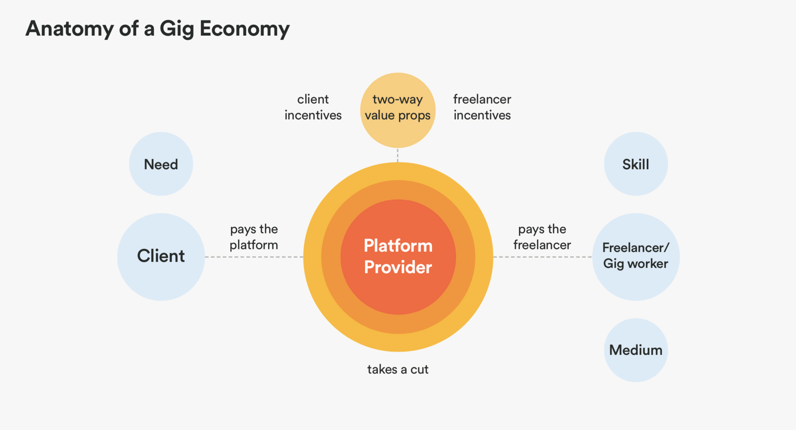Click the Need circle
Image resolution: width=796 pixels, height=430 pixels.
point(161,164)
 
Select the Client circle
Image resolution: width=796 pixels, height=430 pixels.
point(161,257)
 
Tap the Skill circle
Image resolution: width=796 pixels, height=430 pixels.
point(635,164)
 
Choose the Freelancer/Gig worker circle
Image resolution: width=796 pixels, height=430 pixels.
point(635,257)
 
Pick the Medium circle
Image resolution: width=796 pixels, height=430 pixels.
point(635,350)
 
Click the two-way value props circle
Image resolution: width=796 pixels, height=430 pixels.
point(398,110)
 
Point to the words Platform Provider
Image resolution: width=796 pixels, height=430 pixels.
point(398,257)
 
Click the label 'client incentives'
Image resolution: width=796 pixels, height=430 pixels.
point(313,107)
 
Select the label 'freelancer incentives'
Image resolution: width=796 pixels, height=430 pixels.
point(482,107)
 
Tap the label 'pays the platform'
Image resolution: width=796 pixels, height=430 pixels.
point(254,237)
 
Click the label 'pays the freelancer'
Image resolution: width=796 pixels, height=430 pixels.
point(542,237)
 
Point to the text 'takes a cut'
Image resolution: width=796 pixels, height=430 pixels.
point(398,369)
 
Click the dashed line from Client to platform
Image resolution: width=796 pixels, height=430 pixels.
point(254,257)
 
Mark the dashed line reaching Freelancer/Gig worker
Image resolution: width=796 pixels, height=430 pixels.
point(542,257)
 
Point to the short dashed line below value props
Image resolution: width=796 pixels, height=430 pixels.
point(398,155)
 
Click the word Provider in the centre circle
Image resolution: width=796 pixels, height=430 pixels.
point(398,267)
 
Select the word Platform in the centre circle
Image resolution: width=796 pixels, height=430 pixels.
point(398,246)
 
